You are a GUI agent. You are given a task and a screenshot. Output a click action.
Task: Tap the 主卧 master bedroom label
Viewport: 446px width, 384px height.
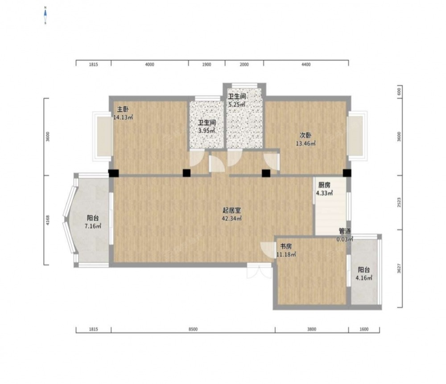pyautogui.click(x=123, y=109)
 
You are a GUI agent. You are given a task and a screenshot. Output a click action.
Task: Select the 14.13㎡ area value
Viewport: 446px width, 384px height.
pyautogui.click(x=123, y=117)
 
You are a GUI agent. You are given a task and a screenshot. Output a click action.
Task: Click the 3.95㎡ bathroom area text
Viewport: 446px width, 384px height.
pyautogui.click(x=207, y=131)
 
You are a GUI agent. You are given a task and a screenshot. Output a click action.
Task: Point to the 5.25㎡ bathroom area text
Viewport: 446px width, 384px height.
pyautogui.click(x=237, y=104)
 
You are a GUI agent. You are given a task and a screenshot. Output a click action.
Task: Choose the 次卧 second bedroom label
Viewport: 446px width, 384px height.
pyautogui.click(x=306, y=136)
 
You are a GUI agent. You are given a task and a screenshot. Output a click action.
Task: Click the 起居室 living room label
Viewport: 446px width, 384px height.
pyautogui.click(x=231, y=211)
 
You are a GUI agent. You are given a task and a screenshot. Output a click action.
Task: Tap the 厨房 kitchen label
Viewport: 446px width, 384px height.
pyautogui.click(x=324, y=185)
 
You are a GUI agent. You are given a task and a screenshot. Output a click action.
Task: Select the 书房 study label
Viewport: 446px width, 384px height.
pyautogui.click(x=286, y=246)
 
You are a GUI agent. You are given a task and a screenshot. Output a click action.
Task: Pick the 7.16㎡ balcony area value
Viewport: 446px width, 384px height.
pyautogui.click(x=93, y=227)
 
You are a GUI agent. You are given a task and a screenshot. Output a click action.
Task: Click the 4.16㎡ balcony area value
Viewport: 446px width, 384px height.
pyautogui.click(x=364, y=278)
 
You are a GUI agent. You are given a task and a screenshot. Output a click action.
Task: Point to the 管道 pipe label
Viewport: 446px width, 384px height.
pyautogui.click(x=345, y=231)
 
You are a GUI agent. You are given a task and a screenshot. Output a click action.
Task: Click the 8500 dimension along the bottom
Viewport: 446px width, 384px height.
pyautogui.click(x=193, y=330)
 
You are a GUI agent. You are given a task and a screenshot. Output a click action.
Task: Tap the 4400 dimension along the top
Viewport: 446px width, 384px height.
pyautogui.click(x=306, y=65)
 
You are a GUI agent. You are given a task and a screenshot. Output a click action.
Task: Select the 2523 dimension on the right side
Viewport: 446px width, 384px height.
pyautogui.click(x=399, y=202)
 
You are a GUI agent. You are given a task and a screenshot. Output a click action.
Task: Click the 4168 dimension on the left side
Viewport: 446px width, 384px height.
pyautogui.click(x=48, y=220)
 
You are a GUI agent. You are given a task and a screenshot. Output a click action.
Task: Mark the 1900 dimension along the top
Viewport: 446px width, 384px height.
pyautogui.click(x=207, y=65)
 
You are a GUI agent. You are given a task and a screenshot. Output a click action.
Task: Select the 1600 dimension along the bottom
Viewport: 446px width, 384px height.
pyautogui.click(x=364, y=330)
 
